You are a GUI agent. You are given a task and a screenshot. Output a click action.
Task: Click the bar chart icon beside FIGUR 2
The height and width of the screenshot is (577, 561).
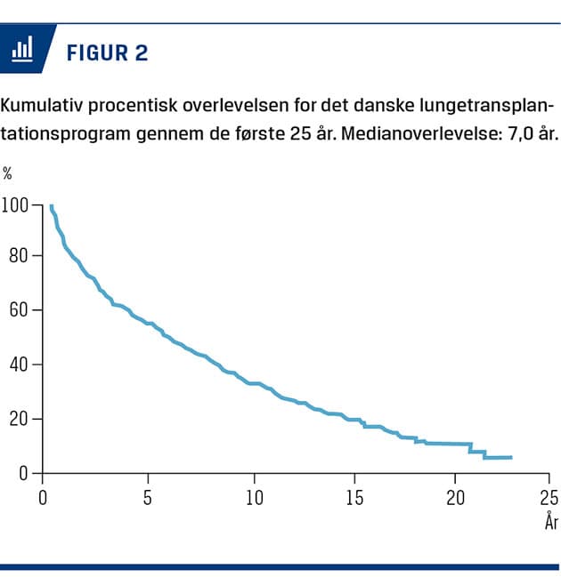pyautogui.click(x=21, y=50)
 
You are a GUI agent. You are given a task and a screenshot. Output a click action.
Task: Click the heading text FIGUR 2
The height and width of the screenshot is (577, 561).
pyautogui.click(x=107, y=52)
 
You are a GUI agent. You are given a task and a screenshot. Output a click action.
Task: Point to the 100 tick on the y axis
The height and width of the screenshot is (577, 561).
pyautogui.click(x=15, y=206)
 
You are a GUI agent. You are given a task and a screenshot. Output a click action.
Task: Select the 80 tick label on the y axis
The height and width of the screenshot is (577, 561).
pyautogui.click(x=20, y=256)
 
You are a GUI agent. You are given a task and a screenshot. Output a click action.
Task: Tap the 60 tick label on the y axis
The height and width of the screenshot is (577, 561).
pyautogui.click(x=20, y=310)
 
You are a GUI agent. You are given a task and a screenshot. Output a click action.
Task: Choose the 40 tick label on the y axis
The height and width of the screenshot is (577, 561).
pyautogui.click(x=20, y=365)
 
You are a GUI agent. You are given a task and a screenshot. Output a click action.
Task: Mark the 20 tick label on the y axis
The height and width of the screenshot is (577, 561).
pyautogui.click(x=20, y=419)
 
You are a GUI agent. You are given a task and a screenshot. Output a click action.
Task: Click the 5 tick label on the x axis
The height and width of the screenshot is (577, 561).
pyautogui.click(x=148, y=497)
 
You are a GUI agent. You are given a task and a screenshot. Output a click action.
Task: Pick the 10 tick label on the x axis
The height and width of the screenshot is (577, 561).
pyautogui.click(x=254, y=497)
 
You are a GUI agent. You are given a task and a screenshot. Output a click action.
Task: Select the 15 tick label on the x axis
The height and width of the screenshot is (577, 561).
pyautogui.click(x=355, y=497)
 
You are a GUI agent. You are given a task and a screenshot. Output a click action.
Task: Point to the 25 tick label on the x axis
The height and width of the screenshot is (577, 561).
pyautogui.click(x=549, y=497)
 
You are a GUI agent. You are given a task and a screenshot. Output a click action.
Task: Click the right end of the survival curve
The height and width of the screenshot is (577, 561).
pyautogui.click(x=511, y=457)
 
